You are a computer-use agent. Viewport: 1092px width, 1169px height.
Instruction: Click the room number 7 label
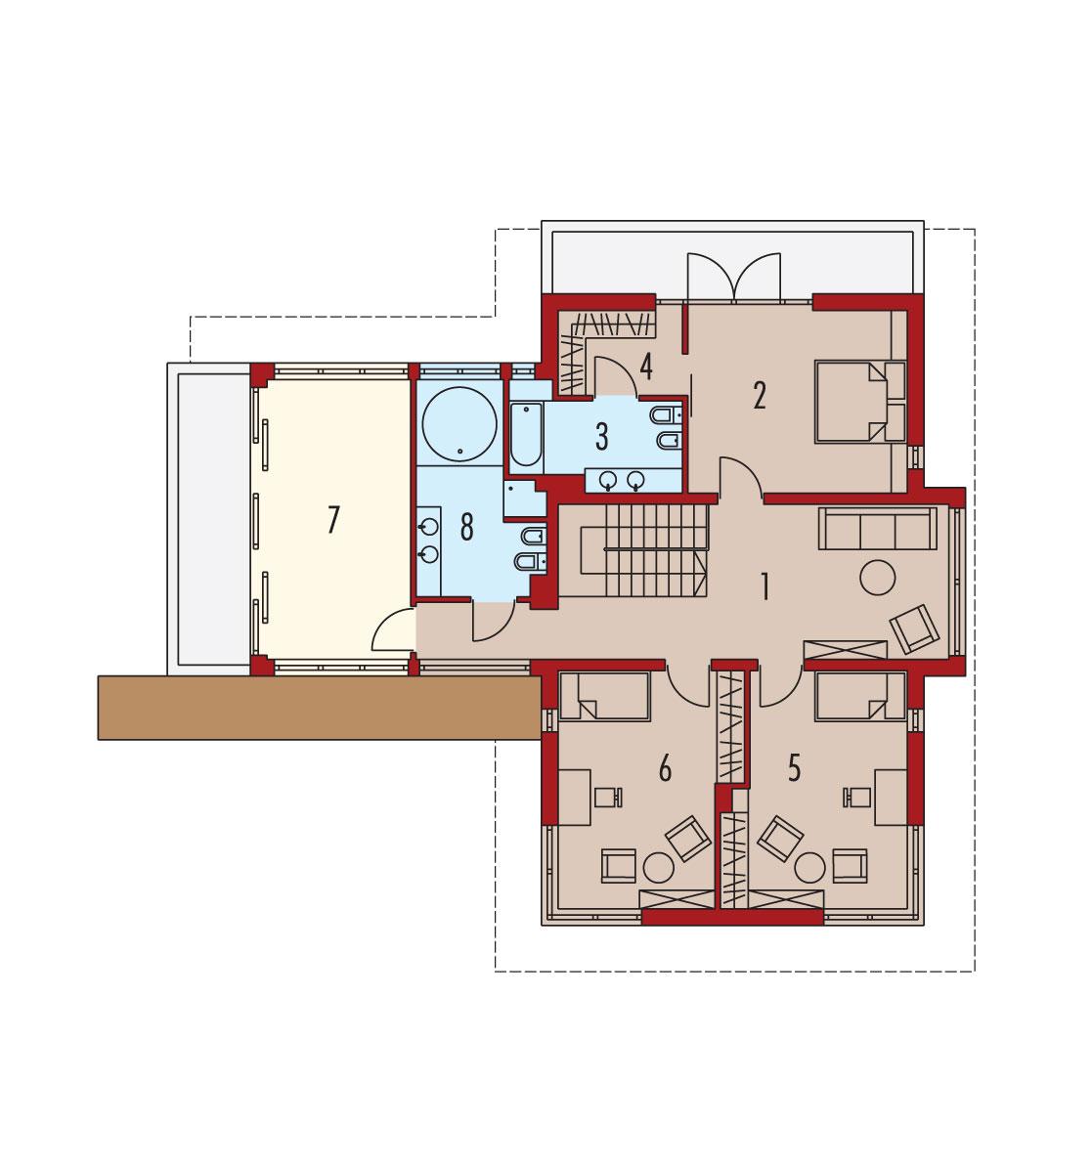(333, 521)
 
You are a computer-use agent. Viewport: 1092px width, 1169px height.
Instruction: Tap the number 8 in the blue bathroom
(466, 527)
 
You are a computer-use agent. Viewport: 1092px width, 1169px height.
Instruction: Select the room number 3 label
(601, 437)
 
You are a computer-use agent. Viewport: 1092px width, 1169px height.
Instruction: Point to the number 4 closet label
(645, 367)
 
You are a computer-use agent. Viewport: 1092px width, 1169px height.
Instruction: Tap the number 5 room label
(794, 768)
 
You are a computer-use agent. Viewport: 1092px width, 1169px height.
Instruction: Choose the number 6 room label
(665, 769)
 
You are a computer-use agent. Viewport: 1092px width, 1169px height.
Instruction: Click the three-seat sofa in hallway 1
(875, 529)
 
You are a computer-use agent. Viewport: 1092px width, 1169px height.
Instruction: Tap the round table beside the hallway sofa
(877, 577)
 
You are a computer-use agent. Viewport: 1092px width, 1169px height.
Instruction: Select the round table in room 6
(659, 866)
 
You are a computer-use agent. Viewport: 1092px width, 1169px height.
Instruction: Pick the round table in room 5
(810, 866)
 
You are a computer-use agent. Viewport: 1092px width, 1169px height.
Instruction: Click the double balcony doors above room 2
(733, 275)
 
